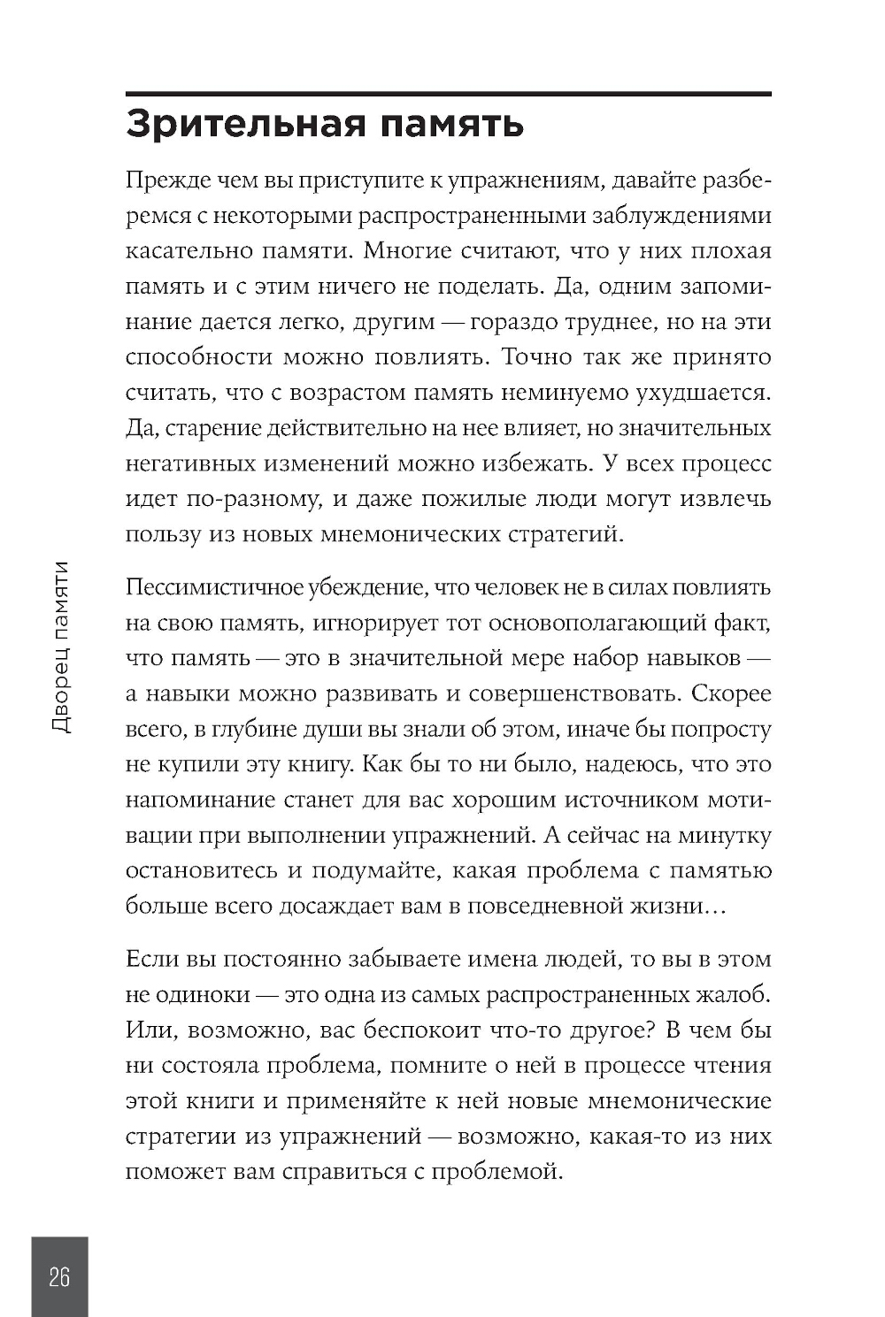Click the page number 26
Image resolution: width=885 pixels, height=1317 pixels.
click(x=59, y=1277)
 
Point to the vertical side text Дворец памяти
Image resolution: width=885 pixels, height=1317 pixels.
click(x=60, y=647)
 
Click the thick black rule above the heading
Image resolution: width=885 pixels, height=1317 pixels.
click(x=449, y=93)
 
